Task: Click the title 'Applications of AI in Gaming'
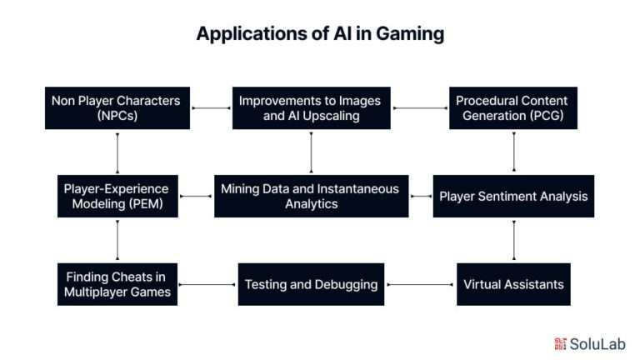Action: (x=320, y=34)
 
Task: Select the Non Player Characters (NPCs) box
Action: (x=117, y=107)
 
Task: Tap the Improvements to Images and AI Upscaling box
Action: (x=311, y=107)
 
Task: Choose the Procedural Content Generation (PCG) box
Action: (x=512, y=107)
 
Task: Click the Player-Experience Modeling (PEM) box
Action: (x=117, y=196)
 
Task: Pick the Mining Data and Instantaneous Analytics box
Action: (x=311, y=196)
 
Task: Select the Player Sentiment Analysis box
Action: (x=512, y=196)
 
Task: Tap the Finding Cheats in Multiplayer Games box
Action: (x=117, y=283)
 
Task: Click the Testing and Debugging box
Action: (x=311, y=283)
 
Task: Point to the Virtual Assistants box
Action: (x=512, y=283)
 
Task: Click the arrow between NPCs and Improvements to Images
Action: (x=211, y=107)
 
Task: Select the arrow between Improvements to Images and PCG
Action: (x=420, y=107)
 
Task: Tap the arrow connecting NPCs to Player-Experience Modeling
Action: (x=117, y=152)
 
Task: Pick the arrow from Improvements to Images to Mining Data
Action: (x=311, y=152)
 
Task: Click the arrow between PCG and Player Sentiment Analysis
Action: (x=512, y=152)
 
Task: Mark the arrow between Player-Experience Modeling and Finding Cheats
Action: (x=117, y=240)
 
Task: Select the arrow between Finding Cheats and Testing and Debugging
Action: (x=207, y=284)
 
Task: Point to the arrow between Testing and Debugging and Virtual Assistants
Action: (x=422, y=284)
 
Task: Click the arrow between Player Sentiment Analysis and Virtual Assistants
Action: (x=512, y=240)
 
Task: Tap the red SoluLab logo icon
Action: (x=560, y=343)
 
